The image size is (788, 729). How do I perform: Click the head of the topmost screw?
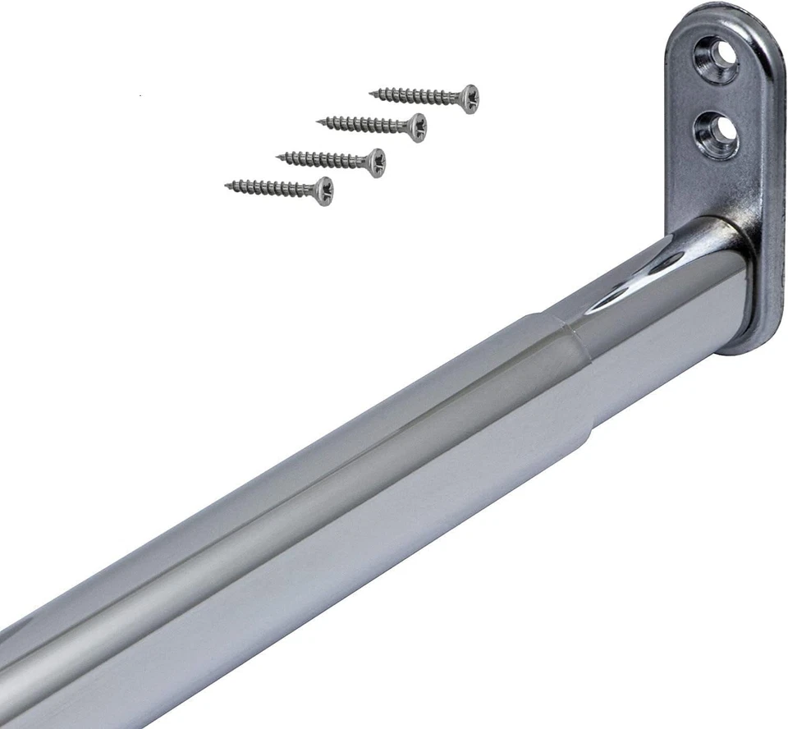pyautogui.click(x=469, y=99)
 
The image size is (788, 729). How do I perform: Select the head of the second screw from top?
pyautogui.click(x=418, y=126)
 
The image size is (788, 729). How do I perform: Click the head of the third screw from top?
pyautogui.click(x=374, y=162)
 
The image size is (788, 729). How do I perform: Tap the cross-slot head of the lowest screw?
pyautogui.click(x=323, y=190)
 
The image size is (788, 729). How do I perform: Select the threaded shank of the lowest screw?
pyautogui.click(x=271, y=188)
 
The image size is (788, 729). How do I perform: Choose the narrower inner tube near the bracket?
pyautogui.click(x=657, y=320)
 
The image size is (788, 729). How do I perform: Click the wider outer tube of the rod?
pyautogui.click(x=328, y=509)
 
